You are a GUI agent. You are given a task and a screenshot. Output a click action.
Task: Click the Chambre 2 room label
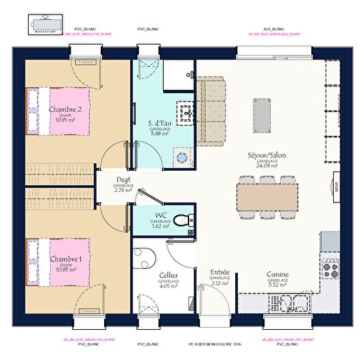[x=65, y=110]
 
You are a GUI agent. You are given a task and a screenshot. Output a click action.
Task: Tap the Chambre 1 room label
[x=65, y=259]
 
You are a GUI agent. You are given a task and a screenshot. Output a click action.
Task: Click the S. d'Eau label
[x=160, y=123]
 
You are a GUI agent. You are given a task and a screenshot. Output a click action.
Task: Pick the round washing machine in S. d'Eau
[x=182, y=157]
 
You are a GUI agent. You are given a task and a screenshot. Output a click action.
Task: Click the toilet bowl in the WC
[x=180, y=220]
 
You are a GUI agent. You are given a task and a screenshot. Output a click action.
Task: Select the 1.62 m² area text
[x=160, y=225]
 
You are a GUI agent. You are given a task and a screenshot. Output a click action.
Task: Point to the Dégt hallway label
[x=123, y=180]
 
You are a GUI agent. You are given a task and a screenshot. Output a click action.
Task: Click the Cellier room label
[x=169, y=274]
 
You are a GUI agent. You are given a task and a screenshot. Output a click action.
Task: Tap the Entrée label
[x=219, y=272]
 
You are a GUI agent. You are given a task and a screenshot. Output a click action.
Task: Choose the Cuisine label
[x=278, y=274]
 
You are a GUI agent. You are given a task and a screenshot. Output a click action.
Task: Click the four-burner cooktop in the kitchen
[x=330, y=268]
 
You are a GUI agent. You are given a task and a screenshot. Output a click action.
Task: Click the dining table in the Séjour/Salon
[x=268, y=195]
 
